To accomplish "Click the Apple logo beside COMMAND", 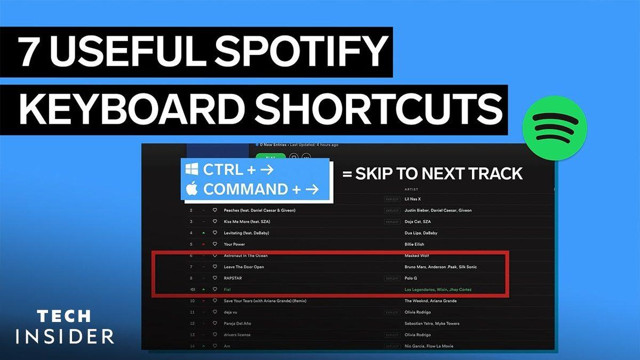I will click(192, 188).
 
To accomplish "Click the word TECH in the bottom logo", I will click(65, 316).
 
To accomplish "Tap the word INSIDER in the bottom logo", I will click(65, 337).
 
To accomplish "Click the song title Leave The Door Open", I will click(244, 267).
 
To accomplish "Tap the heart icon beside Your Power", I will click(215, 244).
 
